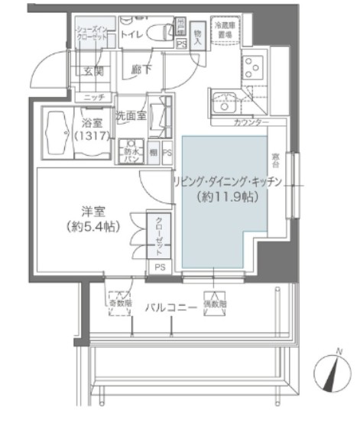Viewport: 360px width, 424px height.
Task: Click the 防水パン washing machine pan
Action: point(134,150)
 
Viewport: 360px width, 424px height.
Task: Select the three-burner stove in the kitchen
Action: point(252,66)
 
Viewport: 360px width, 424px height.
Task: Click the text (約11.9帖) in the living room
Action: point(227,196)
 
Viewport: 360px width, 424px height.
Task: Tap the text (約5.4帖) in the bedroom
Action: point(92,226)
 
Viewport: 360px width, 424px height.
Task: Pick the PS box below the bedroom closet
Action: point(159,267)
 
